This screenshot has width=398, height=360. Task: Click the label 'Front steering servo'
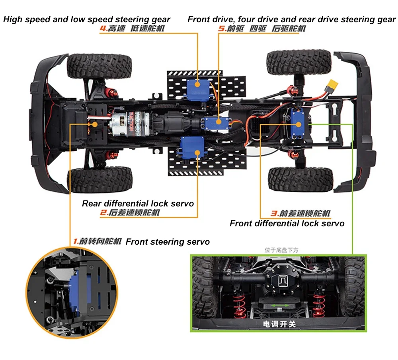(x=168, y=242)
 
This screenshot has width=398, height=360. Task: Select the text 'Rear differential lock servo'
(x=138, y=204)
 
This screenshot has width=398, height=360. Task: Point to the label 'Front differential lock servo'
(x=287, y=224)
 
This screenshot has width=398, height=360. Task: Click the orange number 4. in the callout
(x=103, y=29)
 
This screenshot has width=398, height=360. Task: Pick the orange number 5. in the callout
(x=222, y=29)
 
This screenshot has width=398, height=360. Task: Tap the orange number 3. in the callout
(x=274, y=214)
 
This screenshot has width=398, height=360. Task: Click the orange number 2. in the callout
(x=103, y=213)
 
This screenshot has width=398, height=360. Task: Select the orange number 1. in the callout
(x=76, y=241)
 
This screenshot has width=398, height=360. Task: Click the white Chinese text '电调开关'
(x=280, y=324)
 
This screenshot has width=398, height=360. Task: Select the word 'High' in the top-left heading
(x=13, y=19)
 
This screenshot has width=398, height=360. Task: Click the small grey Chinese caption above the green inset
(x=281, y=250)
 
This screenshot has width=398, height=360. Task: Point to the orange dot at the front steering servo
(x=95, y=124)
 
